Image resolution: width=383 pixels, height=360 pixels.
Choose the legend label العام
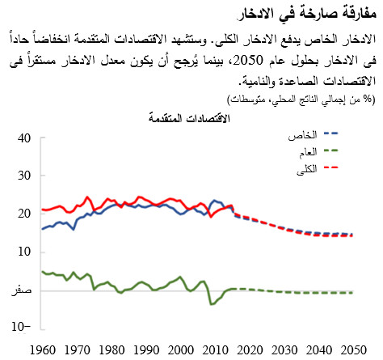tap(312, 150)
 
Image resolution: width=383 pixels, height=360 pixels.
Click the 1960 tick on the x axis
tap(42, 349)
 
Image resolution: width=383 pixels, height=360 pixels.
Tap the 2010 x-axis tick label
tap(215, 349)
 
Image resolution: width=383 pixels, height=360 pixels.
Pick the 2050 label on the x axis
tap(353, 349)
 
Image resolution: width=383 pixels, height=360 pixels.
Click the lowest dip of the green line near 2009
tap(211, 304)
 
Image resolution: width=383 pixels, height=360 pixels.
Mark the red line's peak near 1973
tap(87, 196)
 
